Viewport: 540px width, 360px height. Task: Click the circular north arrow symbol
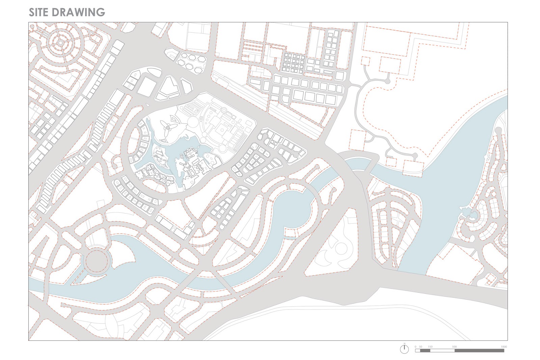point(404,349)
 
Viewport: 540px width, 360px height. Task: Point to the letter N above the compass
point(404,343)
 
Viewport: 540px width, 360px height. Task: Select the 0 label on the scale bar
point(416,347)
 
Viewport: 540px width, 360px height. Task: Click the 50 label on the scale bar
point(421,347)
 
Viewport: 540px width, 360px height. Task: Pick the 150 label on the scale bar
point(430,347)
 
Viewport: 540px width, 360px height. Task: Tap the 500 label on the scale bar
point(454,347)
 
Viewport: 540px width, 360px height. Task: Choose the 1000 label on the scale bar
point(504,347)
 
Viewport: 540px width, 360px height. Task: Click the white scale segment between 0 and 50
point(418,351)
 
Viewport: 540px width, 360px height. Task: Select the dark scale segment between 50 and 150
point(425,351)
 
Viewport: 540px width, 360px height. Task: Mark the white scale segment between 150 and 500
point(442,351)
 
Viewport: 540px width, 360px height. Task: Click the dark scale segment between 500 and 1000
point(479,351)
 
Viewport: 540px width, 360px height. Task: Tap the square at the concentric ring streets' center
point(60,43)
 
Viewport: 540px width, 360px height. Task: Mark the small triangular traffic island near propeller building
point(175,119)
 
